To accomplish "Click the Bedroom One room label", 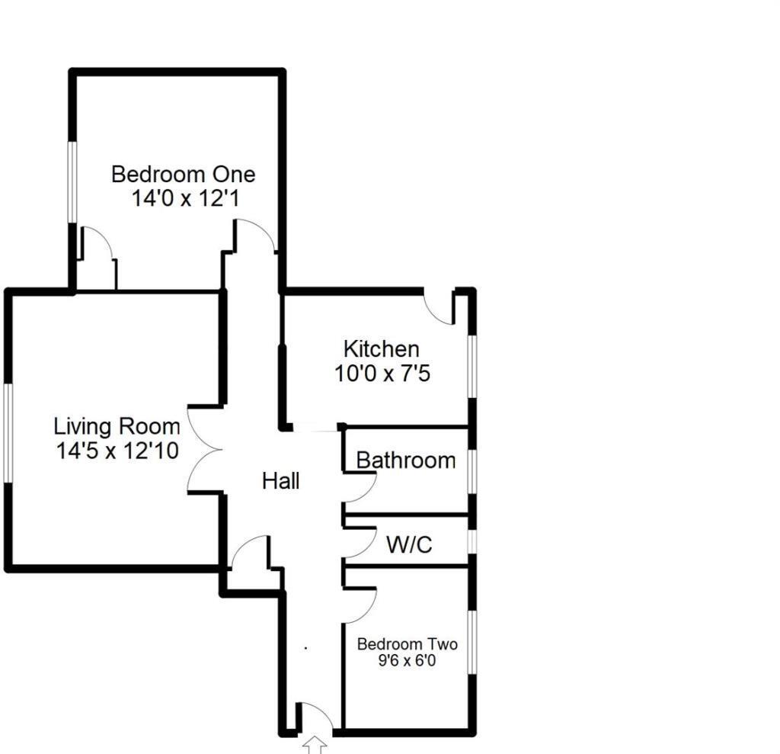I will tap(183, 174).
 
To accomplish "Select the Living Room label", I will tap(117, 426).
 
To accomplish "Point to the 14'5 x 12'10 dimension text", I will tap(117, 451).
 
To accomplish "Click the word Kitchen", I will tap(381, 349).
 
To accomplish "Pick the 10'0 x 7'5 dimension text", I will tap(382, 374).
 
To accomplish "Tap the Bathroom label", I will tap(406, 460).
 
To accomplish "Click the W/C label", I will tap(409, 545).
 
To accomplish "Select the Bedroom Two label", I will tap(408, 644).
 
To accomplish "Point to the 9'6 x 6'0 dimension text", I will tap(408, 662).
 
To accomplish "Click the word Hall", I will tap(280, 481).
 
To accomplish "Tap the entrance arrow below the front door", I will tap(315, 745).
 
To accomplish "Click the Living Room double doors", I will tap(204, 451).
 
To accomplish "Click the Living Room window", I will tap(8, 432).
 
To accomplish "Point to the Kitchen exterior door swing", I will tap(440, 308).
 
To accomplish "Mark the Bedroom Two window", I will tap(472, 642).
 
